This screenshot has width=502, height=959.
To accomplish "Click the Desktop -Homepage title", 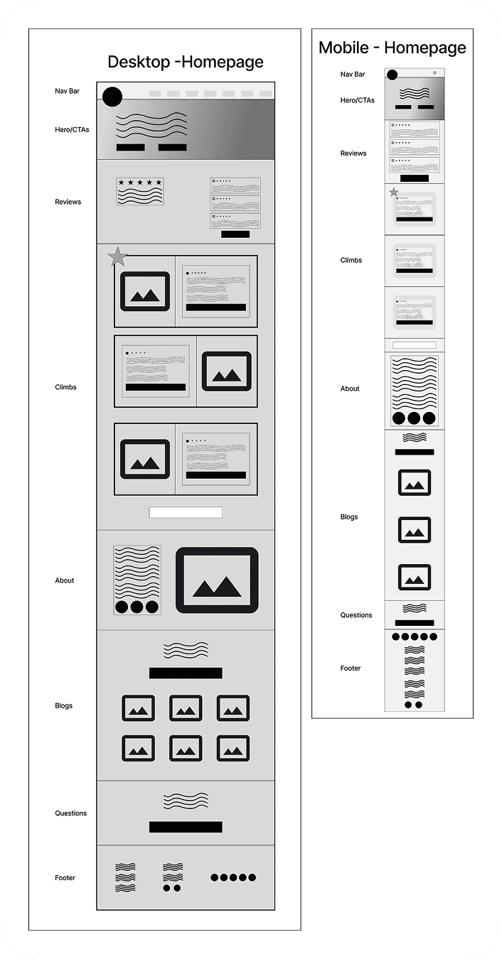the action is pos(185,62).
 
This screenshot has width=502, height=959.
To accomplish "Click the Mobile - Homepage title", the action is pos(392,48).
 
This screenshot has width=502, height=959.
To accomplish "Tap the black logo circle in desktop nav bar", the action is pos(112,97).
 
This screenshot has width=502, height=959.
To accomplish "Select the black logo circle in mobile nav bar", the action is pos(392,75).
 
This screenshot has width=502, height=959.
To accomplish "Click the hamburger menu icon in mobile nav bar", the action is pos(434,72).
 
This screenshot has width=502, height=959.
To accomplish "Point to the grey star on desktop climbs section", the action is pos(118,256).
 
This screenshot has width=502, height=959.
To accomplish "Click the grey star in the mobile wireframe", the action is pos(393,193).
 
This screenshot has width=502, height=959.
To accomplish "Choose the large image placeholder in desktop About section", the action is pos(217,580).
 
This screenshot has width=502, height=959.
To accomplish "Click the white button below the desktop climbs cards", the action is pos(186,512).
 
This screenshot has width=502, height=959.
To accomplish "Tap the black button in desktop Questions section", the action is pos(186,827).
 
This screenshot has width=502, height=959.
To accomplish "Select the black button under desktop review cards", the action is pos(235,234).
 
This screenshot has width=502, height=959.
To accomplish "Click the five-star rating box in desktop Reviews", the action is pos(140,191).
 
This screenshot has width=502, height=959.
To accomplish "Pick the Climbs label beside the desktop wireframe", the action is pos(65,387).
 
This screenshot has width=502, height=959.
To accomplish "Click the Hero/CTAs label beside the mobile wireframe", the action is pos(358,100).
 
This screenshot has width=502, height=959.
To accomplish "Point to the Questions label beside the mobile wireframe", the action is pos(356,614).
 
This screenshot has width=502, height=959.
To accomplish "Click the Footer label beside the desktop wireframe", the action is pos(65,877).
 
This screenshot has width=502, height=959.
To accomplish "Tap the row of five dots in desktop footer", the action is pos(233,877).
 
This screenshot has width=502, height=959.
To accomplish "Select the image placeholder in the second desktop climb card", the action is pos(226,372).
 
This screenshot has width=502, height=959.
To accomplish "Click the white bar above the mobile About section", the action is pos(415,345).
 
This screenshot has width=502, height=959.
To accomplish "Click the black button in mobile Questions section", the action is pos(415,623).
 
